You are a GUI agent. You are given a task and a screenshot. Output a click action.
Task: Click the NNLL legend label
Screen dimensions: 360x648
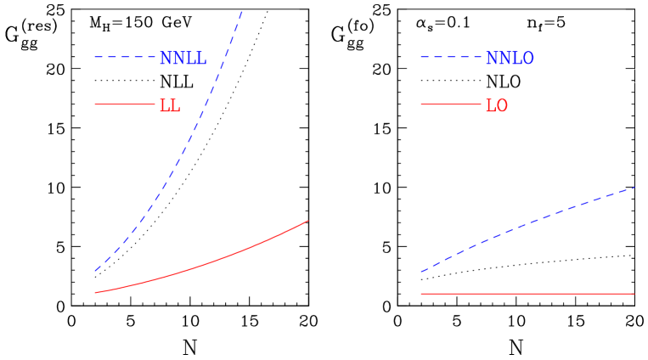183,59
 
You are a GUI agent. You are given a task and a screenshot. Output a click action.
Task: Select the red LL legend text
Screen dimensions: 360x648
169,106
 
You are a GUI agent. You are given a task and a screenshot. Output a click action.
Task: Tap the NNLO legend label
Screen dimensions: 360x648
510,59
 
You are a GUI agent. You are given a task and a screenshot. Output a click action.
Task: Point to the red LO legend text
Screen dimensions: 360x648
496,106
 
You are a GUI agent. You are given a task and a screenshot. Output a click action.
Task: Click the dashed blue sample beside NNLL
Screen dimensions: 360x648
125,58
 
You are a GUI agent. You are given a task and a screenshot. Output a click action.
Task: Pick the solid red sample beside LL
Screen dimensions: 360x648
125,104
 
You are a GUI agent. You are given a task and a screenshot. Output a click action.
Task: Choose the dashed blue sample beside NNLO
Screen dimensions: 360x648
451,58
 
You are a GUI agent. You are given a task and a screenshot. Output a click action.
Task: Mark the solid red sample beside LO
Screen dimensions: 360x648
451,104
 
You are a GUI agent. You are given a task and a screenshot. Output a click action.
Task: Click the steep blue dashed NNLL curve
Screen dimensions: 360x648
183,153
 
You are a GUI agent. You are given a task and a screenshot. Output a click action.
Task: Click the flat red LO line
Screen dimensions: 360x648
527,294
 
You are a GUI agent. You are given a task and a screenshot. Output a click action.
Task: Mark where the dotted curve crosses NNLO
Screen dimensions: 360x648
528,223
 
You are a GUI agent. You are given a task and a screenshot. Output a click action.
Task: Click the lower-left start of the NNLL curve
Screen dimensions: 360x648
95,271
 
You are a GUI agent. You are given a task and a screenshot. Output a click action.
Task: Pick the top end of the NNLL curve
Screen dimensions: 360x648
242,11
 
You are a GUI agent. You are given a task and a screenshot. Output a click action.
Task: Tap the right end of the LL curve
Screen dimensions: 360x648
307,221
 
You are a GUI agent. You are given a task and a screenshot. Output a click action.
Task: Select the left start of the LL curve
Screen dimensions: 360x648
95,293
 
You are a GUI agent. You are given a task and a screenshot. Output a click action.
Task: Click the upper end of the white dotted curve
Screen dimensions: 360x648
634,70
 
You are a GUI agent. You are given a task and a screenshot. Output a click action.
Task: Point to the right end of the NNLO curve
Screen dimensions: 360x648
634,188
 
